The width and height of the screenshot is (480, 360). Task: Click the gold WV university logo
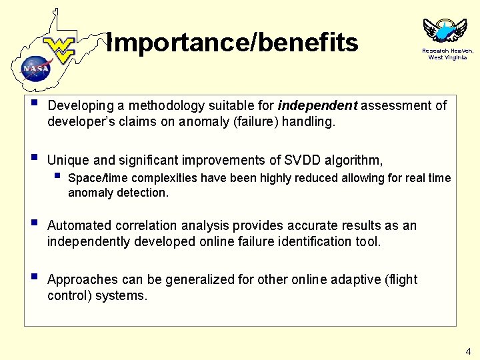61,49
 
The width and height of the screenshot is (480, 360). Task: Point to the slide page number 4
468,351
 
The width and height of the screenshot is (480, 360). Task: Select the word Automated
78,226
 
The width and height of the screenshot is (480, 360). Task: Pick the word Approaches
81,279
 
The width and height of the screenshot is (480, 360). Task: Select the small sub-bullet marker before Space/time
58,177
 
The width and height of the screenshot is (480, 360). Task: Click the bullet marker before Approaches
35,278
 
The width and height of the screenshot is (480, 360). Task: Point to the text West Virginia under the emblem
447,57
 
